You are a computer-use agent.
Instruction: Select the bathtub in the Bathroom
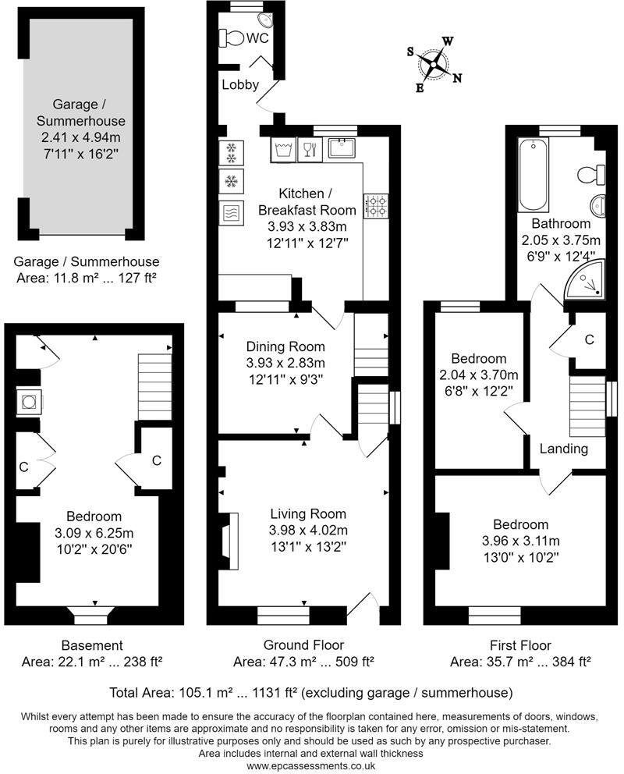[534, 174]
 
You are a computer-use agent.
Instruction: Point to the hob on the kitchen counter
[378, 206]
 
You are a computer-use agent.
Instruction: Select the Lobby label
[240, 85]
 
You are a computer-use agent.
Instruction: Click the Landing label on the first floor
[564, 449]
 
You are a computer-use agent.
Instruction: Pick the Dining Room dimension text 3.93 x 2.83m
[285, 363]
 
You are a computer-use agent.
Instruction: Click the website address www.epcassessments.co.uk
[311, 766]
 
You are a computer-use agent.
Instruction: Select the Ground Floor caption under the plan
[303, 645]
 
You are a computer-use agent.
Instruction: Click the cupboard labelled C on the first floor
[589, 339]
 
